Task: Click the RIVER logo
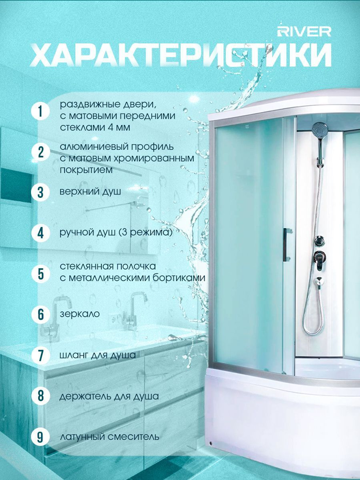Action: pos(304,32)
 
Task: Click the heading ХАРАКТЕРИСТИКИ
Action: pos(181,55)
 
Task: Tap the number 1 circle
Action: pos(41,111)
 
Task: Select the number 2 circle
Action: pos(41,152)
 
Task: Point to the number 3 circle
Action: pos(41,192)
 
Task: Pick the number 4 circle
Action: pos(41,233)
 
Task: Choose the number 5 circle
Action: pos(41,274)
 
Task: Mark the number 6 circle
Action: pos(41,315)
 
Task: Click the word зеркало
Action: pos(80,314)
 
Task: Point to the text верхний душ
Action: pos(90,192)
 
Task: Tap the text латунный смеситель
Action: pos(109,437)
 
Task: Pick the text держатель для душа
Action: pos(109,396)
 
